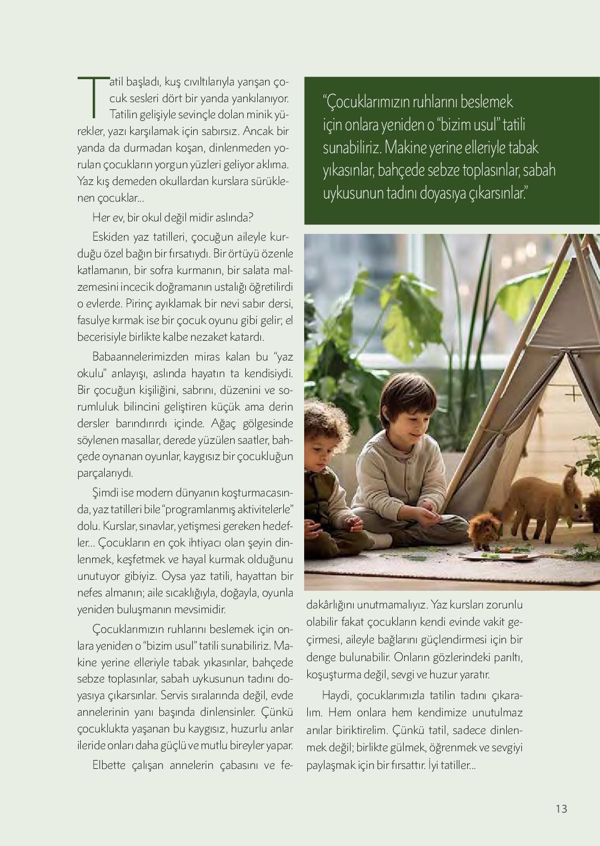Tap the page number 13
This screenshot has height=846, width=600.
pyautogui.click(x=561, y=809)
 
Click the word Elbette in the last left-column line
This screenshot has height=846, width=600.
pyautogui.click(x=109, y=765)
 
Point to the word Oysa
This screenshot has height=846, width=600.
pyautogui.click(x=173, y=576)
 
